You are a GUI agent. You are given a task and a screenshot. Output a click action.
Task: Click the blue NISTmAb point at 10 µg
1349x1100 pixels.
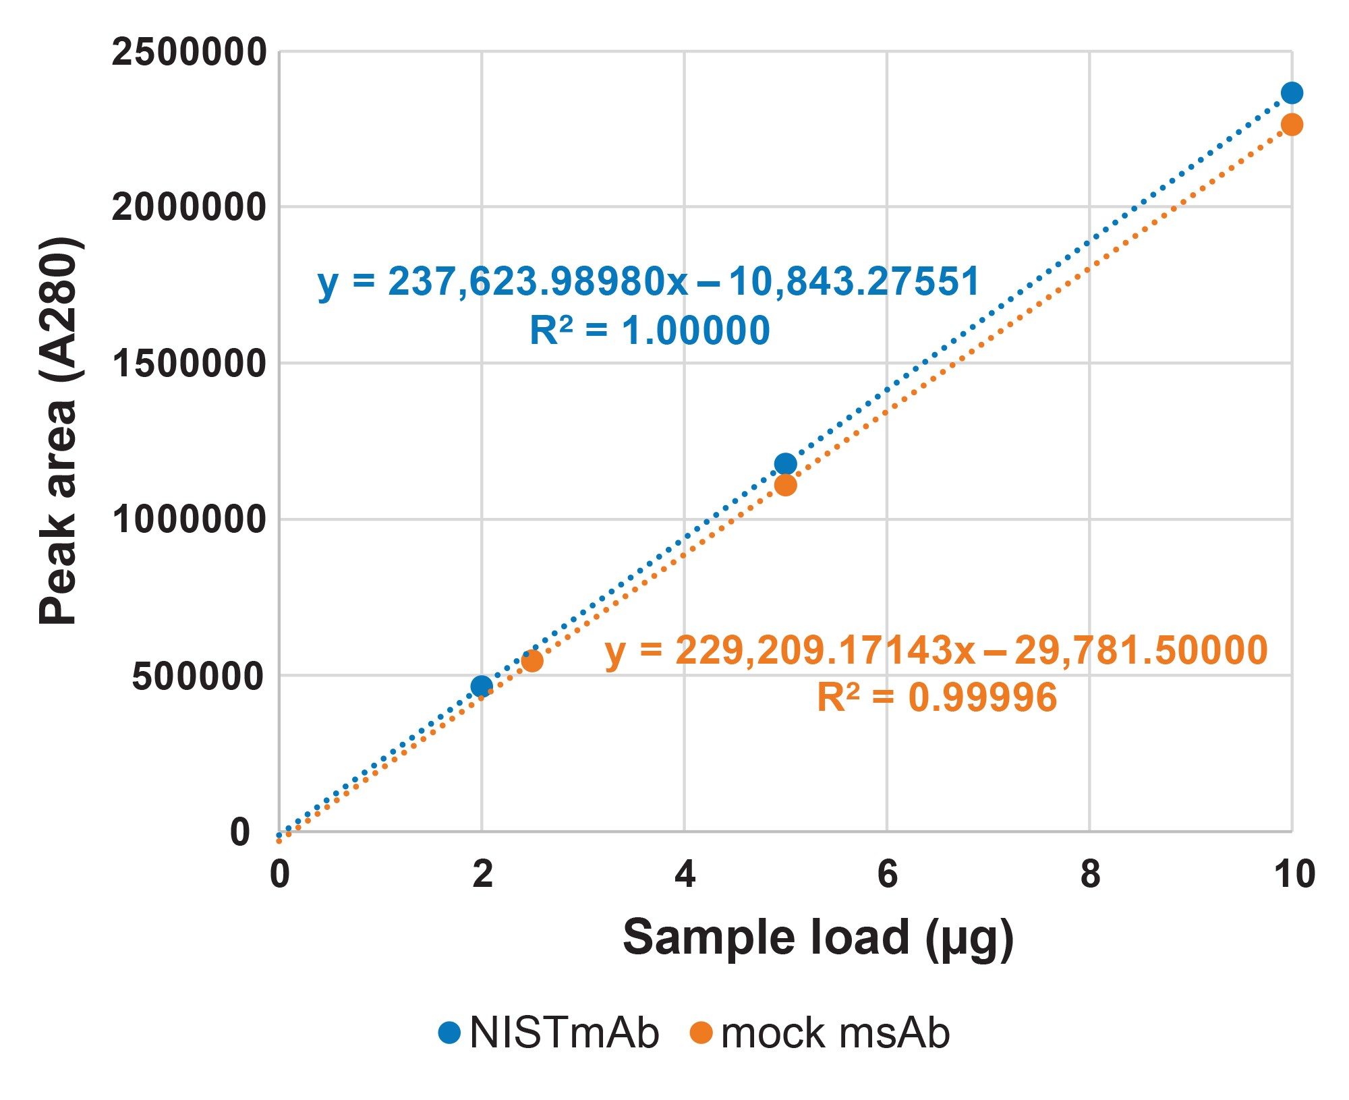tap(1291, 93)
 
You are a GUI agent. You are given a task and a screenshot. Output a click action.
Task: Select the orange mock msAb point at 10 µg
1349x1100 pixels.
tap(1291, 125)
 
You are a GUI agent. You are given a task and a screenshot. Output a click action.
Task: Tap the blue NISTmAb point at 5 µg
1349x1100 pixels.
tap(785, 464)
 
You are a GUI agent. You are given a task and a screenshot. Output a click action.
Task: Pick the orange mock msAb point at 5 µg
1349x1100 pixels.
tap(785, 485)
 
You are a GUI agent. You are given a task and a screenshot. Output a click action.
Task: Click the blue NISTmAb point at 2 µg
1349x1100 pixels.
tap(482, 687)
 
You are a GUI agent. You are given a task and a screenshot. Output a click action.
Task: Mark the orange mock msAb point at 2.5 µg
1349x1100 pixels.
tap(532, 661)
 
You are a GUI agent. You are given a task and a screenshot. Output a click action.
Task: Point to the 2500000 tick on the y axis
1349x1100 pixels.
tap(190, 53)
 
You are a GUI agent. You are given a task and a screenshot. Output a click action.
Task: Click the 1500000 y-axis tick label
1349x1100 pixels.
tap(190, 364)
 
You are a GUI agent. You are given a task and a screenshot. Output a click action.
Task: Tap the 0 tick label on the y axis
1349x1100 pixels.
tap(240, 832)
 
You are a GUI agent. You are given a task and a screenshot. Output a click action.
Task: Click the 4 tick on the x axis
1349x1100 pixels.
tap(685, 875)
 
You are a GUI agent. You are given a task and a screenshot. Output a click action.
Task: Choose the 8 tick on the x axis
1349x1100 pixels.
tap(1090, 875)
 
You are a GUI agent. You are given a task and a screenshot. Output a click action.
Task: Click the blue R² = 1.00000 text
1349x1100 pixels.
tap(650, 330)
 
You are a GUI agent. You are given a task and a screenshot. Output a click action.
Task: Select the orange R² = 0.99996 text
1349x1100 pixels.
tap(937, 697)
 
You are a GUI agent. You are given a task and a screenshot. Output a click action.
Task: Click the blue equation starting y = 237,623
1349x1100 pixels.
tap(648, 281)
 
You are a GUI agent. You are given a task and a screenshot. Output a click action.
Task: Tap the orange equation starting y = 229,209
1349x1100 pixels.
tap(936, 650)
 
